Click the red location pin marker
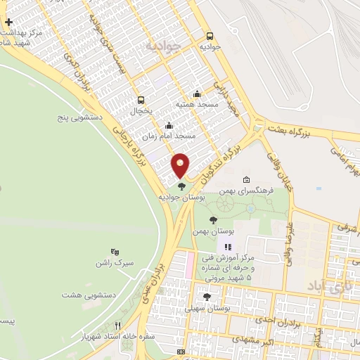(181, 165)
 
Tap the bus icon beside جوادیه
(210, 36)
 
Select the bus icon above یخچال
(141, 100)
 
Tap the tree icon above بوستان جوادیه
(182, 186)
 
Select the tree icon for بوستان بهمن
(223, 220)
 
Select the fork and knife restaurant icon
(117, 326)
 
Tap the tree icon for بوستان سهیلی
(206, 297)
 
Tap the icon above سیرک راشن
(115, 252)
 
